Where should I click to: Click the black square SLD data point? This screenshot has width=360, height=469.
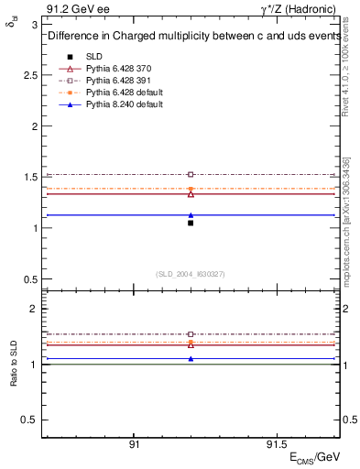[x=191, y=223]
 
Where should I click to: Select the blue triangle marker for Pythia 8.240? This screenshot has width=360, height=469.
[x=191, y=215]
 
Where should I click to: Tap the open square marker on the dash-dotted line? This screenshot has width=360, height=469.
[x=191, y=174]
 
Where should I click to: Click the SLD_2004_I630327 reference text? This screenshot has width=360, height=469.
[x=191, y=274]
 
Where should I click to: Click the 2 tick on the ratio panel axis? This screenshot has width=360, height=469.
[x=35, y=310]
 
